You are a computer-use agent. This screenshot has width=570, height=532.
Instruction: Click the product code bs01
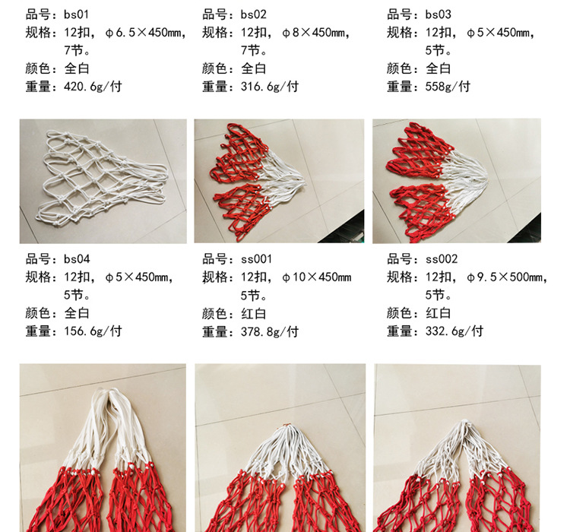coord(77,14)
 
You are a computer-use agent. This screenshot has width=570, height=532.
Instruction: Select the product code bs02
coord(254,14)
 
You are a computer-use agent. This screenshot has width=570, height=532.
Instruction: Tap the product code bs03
coord(439,14)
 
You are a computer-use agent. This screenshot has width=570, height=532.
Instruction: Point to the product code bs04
coord(78,259)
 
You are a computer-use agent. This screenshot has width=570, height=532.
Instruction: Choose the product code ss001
coord(257,259)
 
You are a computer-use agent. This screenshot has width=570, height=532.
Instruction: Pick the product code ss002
coord(442,259)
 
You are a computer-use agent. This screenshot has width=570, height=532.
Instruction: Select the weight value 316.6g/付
coord(270,86)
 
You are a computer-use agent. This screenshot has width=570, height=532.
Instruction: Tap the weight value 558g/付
coord(448,86)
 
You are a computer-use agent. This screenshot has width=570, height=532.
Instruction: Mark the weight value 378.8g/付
coord(270,331)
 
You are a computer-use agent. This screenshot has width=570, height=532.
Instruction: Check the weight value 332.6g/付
coord(454,331)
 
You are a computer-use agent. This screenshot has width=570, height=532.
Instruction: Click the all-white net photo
coord(103,181)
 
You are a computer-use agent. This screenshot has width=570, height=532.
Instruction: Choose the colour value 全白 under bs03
coord(439,68)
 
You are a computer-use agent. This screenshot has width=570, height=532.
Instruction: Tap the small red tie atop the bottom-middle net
coord(287,426)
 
